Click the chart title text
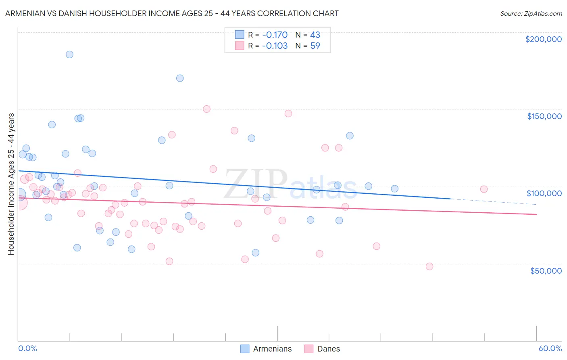(x=172, y=13)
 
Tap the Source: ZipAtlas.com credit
(x=531, y=13)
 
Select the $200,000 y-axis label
(x=543, y=39)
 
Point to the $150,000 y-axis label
(x=544, y=116)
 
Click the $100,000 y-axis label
(x=544, y=193)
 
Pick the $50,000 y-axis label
(x=546, y=271)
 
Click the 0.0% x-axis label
(x=27, y=348)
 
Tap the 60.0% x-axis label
(x=550, y=348)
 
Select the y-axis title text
(x=11, y=184)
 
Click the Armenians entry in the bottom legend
(x=272, y=349)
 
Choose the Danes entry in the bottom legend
(x=328, y=349)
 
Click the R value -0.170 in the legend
(x=275, y=35)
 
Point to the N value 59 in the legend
(x=315, y=46)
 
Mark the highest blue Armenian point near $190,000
(x=69, y=54)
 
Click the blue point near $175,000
(x=180, y=78)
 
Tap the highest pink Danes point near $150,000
(x=206, y=109)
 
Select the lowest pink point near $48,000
(x=429, y=266)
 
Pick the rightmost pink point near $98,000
(x=484, y=189)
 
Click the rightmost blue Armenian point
(x=395, y=189)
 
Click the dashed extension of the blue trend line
(x=492, y=202)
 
